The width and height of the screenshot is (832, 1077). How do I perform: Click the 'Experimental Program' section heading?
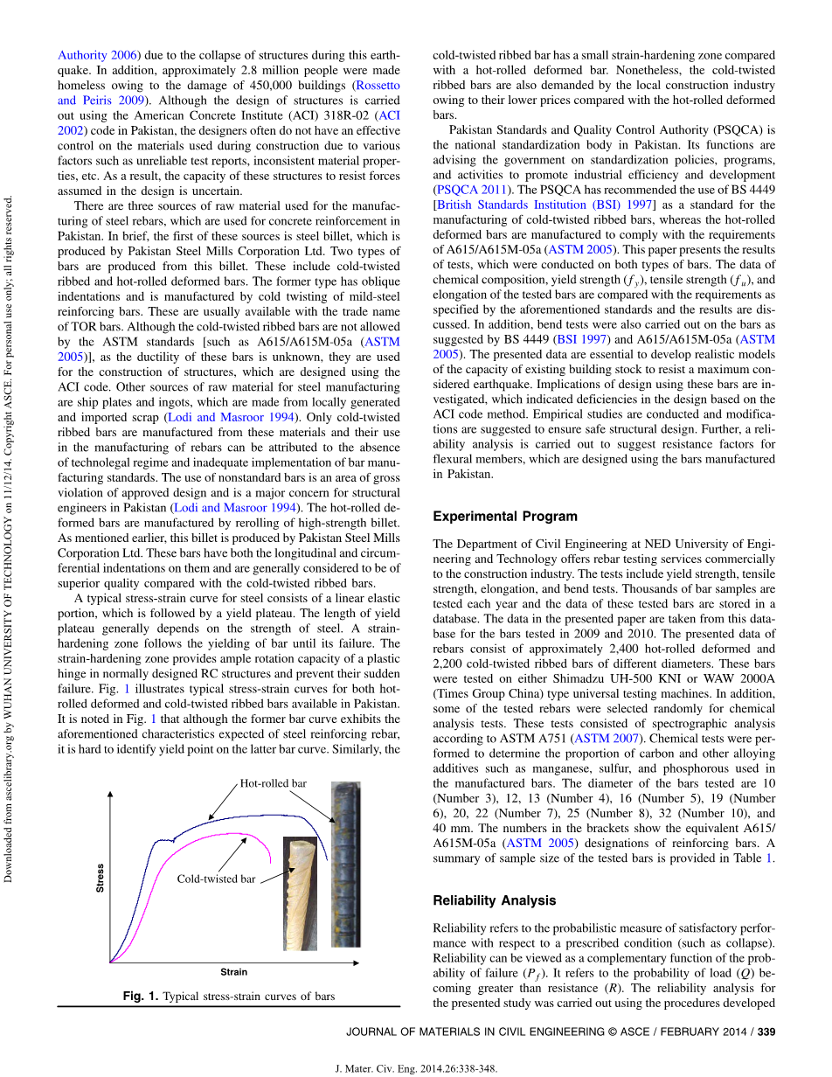pyautogui.click(x=505, y=517)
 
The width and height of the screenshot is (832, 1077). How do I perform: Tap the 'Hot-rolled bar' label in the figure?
pyautogui.click(x=273, y=783)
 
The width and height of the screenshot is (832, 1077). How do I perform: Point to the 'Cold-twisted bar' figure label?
pyautogui.click(x=216, y=879)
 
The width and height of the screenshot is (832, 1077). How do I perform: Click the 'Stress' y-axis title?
pyautogui.click(x=100, y=878)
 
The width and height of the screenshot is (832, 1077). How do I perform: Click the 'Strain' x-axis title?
pyautogui.click(x=233, y=971)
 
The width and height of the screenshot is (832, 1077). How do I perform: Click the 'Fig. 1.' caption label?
pyautogui.click(x=141, y=997)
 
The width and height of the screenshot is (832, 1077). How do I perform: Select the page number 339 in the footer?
pyautogui.click(x=766, y=1032)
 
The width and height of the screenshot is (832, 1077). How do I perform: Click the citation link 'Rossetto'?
pyautogui.click(x=377, y=86)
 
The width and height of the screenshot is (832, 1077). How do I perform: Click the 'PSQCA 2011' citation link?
pyautogui.click(x=471, y=188)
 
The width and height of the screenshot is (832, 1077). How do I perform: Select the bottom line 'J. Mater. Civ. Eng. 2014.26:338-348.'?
pyautogui.click(x=416, y=1068)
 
